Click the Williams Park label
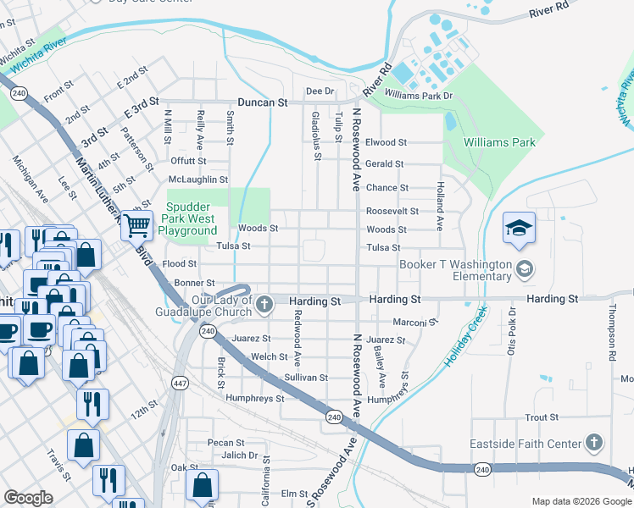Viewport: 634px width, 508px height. coord(499,142)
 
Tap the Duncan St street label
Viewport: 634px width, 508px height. coord(263,102)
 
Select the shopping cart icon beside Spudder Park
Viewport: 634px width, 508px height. coord(136,225)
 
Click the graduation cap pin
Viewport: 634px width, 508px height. coord(519,228)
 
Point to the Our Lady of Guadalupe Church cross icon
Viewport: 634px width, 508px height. coord(264,303)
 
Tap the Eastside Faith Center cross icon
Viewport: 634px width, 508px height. coord(594,443)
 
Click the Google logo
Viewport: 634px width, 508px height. coord(29,498)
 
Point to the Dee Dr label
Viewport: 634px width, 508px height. coord(320,91)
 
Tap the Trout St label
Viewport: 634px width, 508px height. coord(541,417)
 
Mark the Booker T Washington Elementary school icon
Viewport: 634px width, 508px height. coord(525,270)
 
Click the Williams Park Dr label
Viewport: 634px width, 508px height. coord(419,96)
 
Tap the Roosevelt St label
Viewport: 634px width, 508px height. coord(392,211)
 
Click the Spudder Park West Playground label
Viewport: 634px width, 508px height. coord(192,218)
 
